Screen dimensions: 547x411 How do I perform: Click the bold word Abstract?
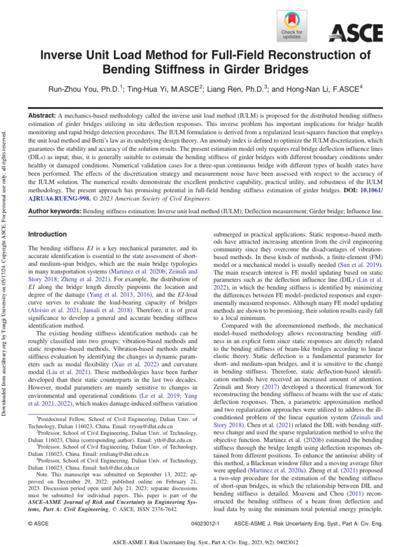pos(42,115)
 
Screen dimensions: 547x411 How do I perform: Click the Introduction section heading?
pos(47,234)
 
